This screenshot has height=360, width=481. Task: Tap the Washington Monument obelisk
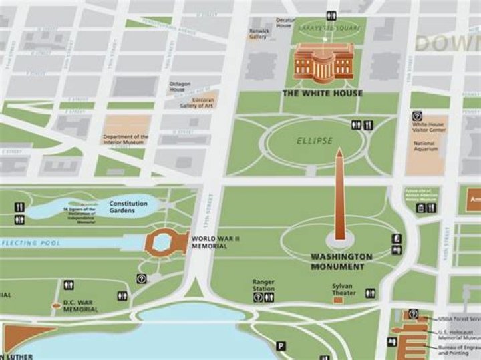click(339, 197)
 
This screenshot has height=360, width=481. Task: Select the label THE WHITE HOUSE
click(323, 94)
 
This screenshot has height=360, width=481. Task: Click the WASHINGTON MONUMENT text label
click(341, 262)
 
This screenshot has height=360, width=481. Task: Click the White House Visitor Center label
click(428, 126)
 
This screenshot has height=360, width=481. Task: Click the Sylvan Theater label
click(342, 288)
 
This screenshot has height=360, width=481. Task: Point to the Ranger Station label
click(263, 285)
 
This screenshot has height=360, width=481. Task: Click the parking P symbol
click(281, 346)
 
